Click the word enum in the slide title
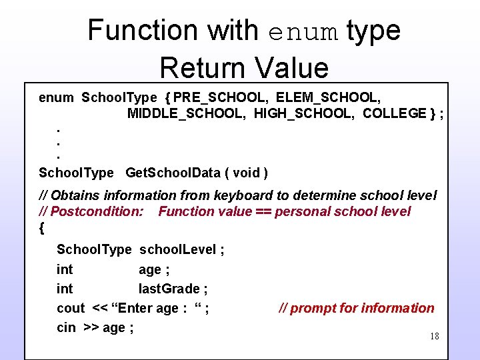pyautogui.click(x=303, y=31)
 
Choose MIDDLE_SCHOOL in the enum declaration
pyautogui.click(x=186, y=113)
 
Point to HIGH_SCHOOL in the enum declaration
pyautogui.click(x=303, y=113)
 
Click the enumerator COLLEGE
pyautogui.click(x=394, y=113)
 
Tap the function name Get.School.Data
pyautogui.click(x=173, y=173)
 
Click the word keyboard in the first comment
pyautogui.click(x=239, y=195)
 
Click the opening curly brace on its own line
pyautogui.click(x=42, y=228)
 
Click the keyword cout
pyautogui.click(x=71, y=308)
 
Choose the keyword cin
pyautogui.click(x=66, y=327)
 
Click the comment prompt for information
pyautogui.click(x=356, y=308)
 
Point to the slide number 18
pyautogui.click(x=434, y=337)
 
